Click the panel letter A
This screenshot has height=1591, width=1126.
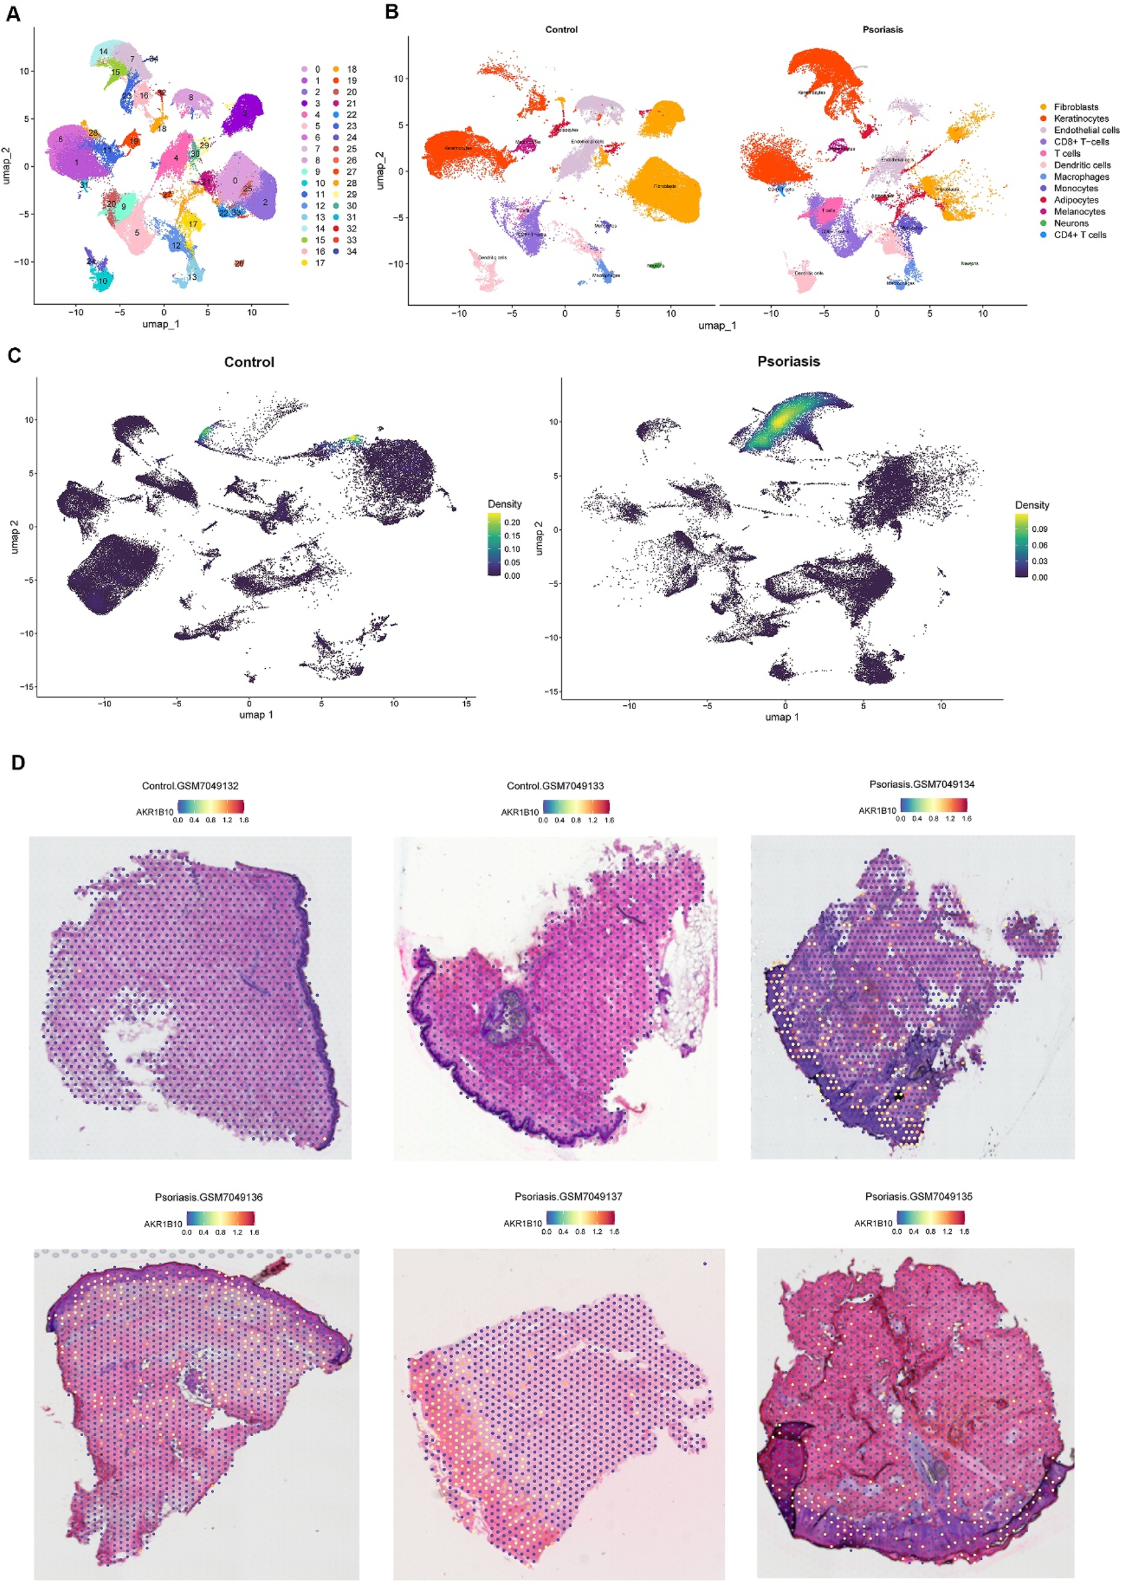pyautogui.click(x=13, y=15)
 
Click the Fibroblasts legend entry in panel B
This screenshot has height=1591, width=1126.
pyautogui.click(x=1075, y=107)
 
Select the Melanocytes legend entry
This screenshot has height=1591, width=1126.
pyautogui.click(x=1079, y=212)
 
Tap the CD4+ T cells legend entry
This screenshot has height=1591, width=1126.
pyautogui.click(x=1080, y=235)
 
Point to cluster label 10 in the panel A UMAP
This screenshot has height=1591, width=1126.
pyautogui.click(x=102, y=281)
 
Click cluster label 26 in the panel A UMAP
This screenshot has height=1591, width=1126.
pyautogui.click(x=239, y=263)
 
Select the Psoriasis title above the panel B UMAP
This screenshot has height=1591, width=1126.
pyautogui.click(x=882, y=30)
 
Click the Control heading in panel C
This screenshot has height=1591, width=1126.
pyautogui.click(x=249, y=362)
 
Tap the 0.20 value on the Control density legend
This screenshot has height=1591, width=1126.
pyautogui.click(x=512, y=522)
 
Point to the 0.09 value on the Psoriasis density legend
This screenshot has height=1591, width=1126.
pyautogui.click(x=1039, y=529)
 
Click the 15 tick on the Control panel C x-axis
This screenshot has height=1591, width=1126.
pyautogui.click(x=466, y=703)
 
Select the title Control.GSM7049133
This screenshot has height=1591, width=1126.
pyautogui.click(x=555, y=786)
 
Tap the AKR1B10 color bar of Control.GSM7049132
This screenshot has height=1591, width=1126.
pyautogui.click(x=210, y=806)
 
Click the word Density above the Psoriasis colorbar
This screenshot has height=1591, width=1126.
pyautogui.click(x=1031, y=505)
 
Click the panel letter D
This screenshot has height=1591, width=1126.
pyautogui.click(x=18, y=763)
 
